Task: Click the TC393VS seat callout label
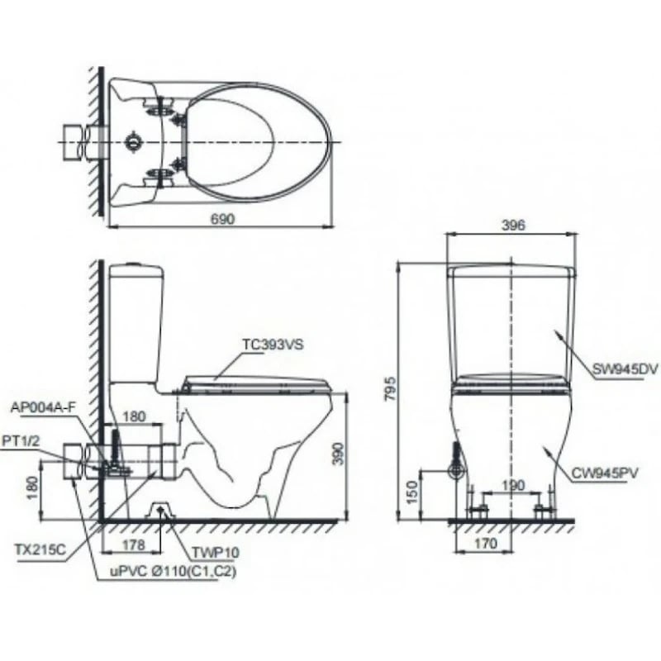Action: [273, 346]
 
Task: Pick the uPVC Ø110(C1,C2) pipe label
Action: [165, 572]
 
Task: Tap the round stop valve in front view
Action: [454, 471]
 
